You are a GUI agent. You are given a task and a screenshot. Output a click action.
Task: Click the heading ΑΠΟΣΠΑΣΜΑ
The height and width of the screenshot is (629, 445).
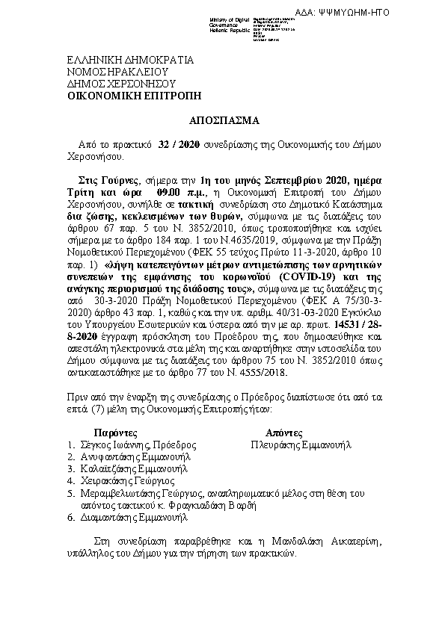(x=222, y=120)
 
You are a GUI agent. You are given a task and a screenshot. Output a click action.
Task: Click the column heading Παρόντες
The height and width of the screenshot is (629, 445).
(x=115, y=433)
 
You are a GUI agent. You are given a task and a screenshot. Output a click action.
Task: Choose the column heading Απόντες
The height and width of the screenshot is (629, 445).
(x=283, y=433)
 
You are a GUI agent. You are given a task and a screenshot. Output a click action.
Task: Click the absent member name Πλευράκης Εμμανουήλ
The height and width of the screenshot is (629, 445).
(x=301, y=444)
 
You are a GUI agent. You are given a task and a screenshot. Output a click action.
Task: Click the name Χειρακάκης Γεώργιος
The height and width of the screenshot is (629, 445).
(x=126, y=480)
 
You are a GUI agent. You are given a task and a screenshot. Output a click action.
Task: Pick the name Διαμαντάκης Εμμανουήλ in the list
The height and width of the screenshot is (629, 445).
(x=133, y=516)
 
